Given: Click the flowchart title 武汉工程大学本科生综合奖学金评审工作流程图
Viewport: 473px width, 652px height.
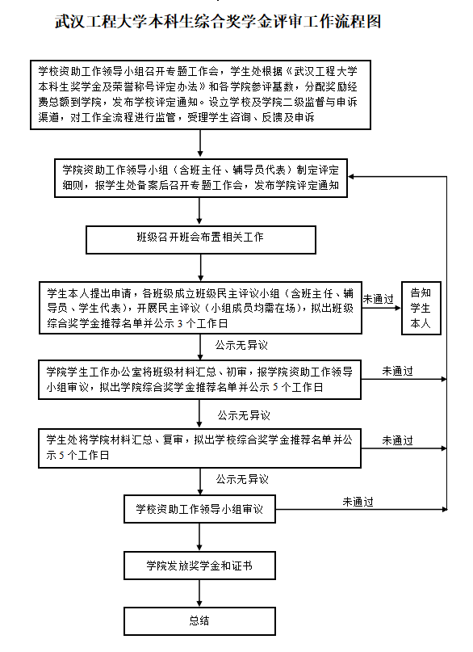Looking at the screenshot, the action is click(x=218, y=22).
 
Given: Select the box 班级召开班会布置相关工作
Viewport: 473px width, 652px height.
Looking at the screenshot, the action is click(x=200, y=239).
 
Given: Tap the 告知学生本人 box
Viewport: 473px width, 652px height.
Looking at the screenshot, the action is click(x=421, y=308).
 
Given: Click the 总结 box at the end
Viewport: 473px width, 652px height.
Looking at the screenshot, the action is click(x=199, y=620).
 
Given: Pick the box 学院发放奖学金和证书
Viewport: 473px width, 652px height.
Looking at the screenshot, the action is click(x=199, y=566).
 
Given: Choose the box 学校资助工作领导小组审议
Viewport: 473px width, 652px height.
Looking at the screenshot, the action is click(x=199, y=509).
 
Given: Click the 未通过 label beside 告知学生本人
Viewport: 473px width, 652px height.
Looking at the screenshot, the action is click(x=378, y=299).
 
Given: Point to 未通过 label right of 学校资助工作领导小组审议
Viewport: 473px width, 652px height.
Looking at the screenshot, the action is click(x=358, y=502).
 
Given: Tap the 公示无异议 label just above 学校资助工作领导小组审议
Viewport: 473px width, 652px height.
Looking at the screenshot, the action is click(x=242, y=479).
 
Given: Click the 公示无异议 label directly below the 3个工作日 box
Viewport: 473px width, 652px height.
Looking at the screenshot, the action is click(x=241, y=345).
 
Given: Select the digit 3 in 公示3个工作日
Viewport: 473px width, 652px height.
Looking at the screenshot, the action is click(x=180, y=324).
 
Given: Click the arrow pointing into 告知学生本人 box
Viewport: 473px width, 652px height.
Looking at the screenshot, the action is click(x=381, y=308).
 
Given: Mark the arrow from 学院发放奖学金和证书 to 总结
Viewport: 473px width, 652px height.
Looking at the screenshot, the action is click(x=199, y=593).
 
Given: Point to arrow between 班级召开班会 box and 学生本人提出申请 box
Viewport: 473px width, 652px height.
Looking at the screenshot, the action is click(x=200, y=267).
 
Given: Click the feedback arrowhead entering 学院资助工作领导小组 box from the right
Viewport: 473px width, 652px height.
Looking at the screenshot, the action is click(x=350, y=177).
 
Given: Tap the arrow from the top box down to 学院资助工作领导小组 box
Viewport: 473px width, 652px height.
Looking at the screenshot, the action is click(x=200, y=144).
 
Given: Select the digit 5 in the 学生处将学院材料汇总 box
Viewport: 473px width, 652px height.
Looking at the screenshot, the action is click(x=61, y=456).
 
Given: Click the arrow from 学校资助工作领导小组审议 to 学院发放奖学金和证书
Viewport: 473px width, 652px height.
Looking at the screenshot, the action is click(x=199, y=537).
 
